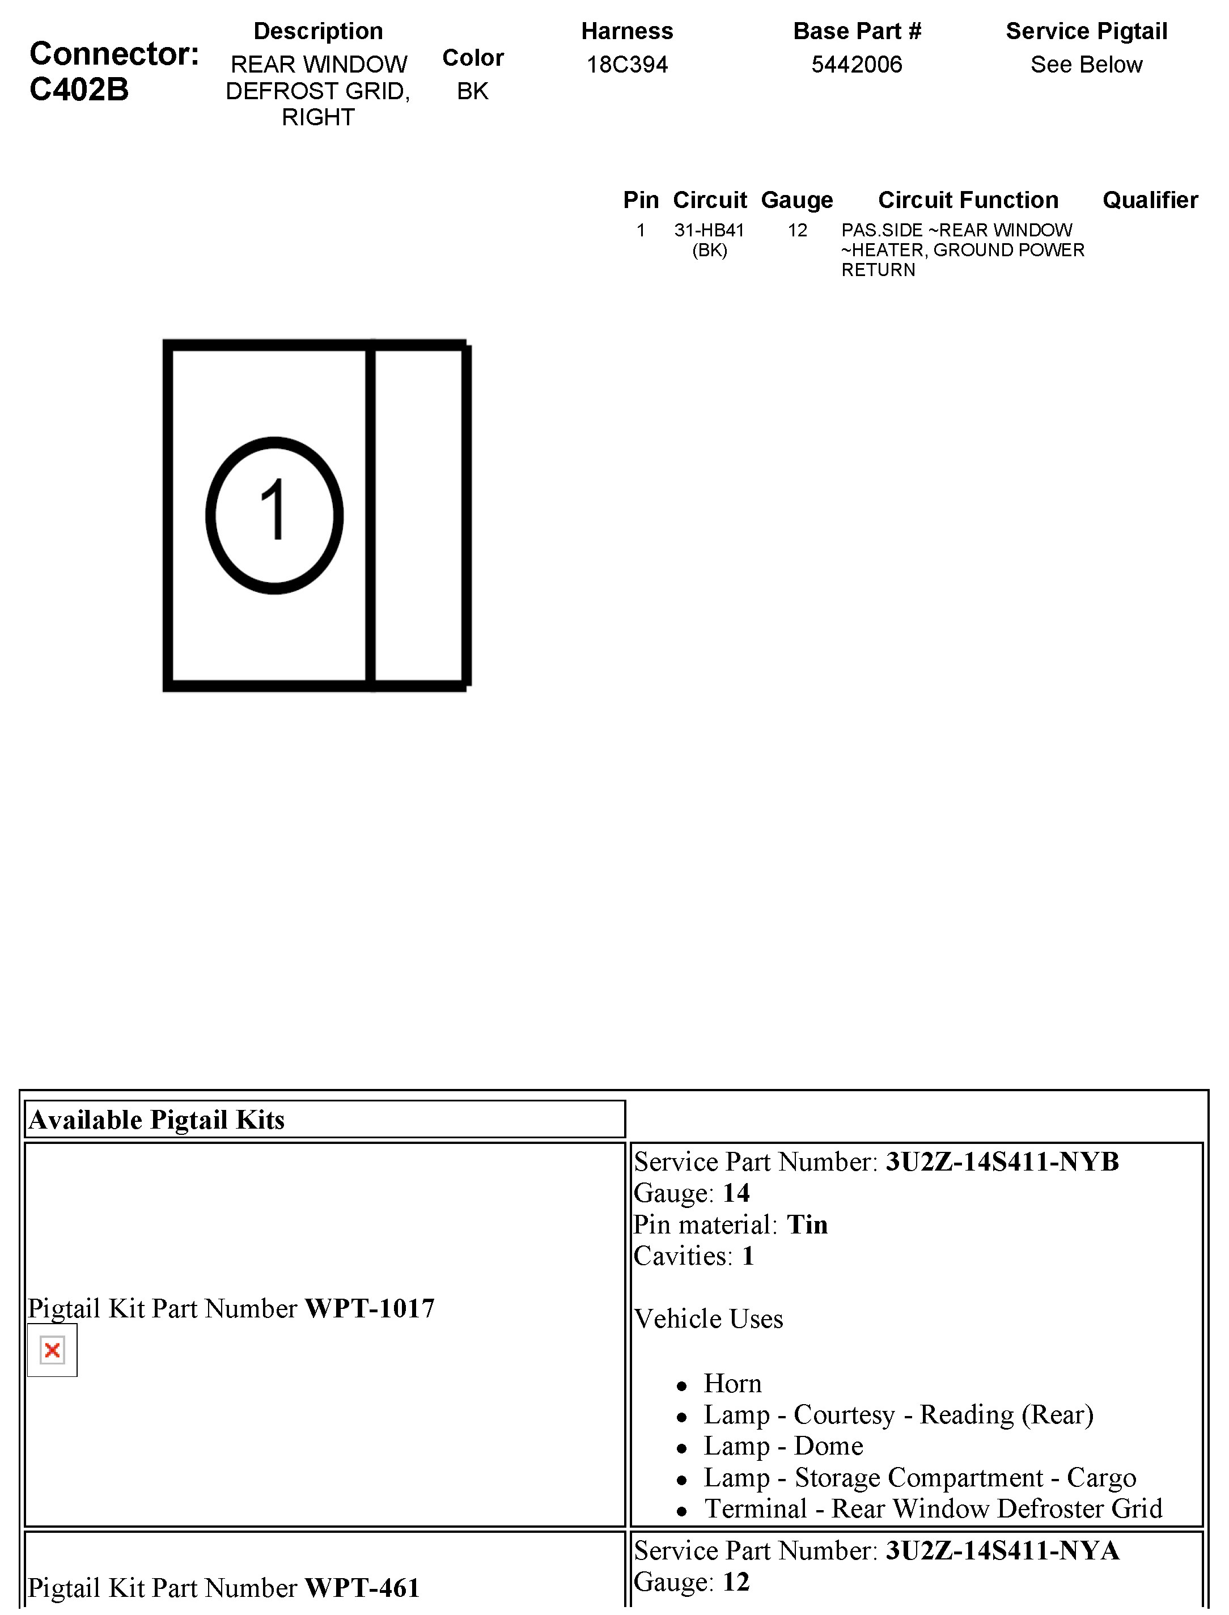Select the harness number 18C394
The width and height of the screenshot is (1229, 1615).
(627, 65)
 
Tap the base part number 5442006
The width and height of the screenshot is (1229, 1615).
(857, 65)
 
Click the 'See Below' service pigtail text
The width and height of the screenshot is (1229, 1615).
(1086, 65)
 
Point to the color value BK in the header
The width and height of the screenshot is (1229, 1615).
(473, 91)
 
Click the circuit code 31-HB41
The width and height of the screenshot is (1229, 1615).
(709, 230)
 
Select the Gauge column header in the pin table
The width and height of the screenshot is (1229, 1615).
(796, 200)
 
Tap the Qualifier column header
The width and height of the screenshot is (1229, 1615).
(1150, 200)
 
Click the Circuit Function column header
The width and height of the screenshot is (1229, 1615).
(968, 200)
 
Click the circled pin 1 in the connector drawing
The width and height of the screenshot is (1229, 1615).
(274, 515)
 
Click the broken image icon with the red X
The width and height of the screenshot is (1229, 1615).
(52, 1350)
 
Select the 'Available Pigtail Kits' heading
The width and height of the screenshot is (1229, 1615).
(156, 1120)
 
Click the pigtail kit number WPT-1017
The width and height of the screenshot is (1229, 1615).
(370, 1308)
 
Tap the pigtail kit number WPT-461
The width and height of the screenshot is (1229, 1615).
(362, 1588)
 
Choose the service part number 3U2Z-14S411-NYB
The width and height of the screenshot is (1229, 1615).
(1002, 1162)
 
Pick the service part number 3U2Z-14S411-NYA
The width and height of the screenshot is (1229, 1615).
(1002, 1550)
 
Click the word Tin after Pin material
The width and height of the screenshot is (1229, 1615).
(807, 1225)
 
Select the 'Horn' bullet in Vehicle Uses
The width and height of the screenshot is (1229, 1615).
(732, 1384)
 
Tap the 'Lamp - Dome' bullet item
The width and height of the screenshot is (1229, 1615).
(783, 1446)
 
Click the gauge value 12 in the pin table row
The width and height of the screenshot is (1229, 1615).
(798, 230)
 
